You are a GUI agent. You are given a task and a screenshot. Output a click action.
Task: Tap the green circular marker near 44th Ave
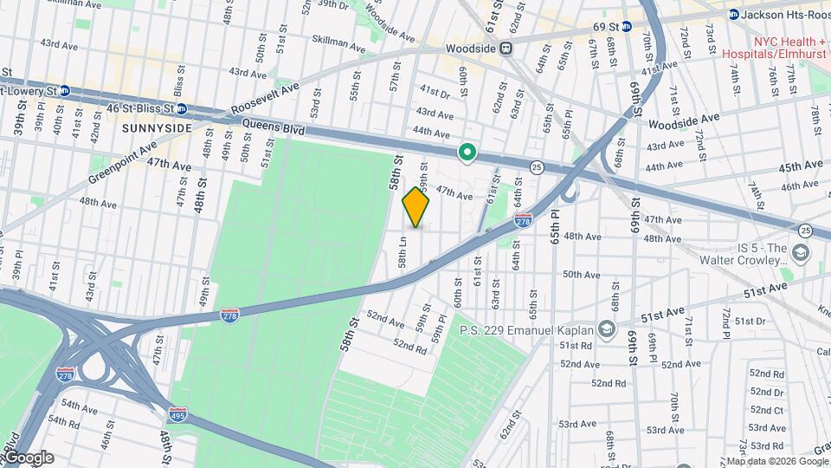467,153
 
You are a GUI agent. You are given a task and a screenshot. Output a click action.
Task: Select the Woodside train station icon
508,49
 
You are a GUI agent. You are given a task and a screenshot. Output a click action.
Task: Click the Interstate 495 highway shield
177,415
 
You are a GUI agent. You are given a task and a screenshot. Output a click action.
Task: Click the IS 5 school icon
800,252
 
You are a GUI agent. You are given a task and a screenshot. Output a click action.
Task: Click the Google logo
28,458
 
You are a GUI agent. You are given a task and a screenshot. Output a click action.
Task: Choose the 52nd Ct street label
767,410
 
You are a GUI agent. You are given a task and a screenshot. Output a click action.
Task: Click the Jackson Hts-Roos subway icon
733,14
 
